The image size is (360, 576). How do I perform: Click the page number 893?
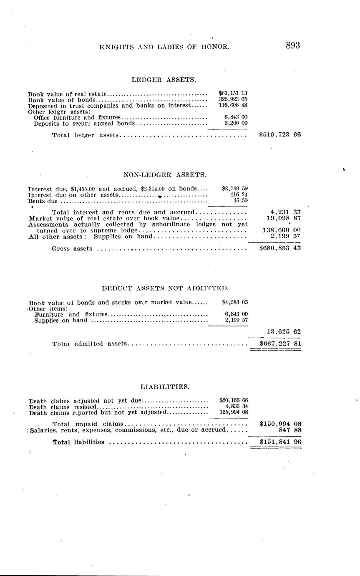click(x=293, y=46)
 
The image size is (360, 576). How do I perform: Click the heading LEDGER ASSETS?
click(x=164, y=79)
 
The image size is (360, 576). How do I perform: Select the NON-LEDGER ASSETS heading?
click(x=164, y=175)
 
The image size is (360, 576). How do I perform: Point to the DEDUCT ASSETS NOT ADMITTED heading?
click(x=165, y=288)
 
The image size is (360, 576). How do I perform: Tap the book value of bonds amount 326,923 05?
click(x=233, y=100)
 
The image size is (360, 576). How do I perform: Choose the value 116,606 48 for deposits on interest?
click(x=233, y=106)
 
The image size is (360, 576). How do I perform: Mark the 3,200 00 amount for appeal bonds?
click(x=236, y=124)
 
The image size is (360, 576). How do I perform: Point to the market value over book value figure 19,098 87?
click(x=284, y=218)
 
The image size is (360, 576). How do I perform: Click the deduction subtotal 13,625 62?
click(x=284, y=332)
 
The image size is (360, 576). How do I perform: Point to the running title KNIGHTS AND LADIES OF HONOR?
click(x=164, y=47)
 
